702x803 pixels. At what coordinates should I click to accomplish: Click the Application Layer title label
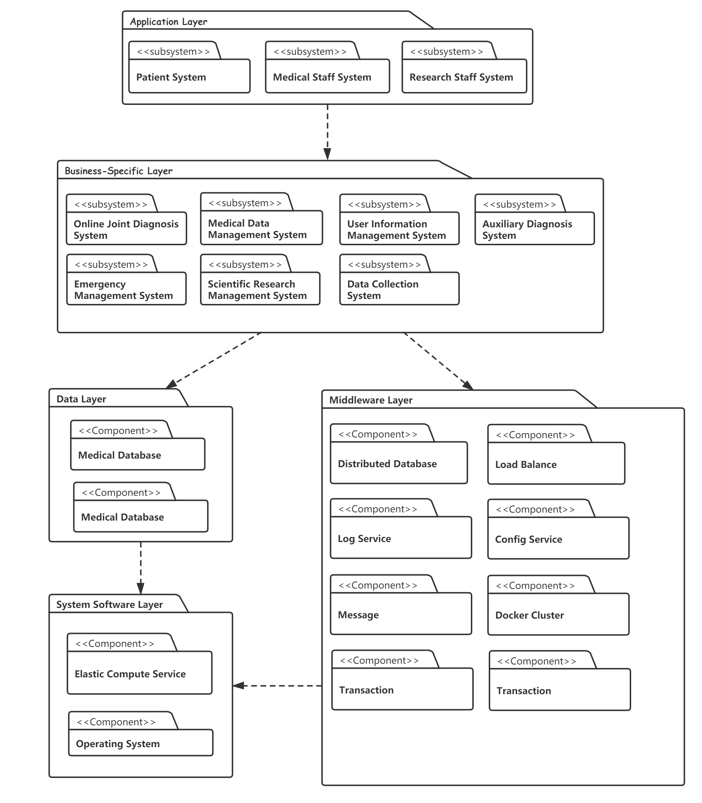pos(169,21)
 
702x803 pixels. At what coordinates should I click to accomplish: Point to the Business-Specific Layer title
pos(118,171)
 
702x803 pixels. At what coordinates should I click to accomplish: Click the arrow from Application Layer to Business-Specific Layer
pos(327,132)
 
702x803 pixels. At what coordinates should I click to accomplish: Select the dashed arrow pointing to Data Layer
pos(214,360)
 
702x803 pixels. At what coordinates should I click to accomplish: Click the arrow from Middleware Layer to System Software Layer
pos(277,686)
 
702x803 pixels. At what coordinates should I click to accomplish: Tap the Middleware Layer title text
pos(371,400)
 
